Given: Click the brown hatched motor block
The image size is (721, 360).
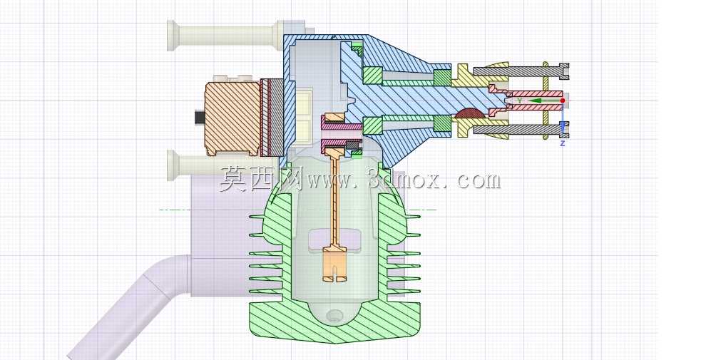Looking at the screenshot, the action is (x=232, y=118).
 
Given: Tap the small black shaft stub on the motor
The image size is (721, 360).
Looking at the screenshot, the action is (x=200, y=118).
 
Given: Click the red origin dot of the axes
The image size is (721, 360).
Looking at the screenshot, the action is (x=563, y=101).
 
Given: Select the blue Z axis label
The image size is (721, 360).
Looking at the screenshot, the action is (x=562, y=143).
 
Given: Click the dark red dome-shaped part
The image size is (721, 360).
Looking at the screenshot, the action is (x=470, y=113).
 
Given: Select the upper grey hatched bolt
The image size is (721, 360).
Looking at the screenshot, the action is (x=521, y=71).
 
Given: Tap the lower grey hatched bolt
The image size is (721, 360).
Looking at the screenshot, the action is (x=521, y=130).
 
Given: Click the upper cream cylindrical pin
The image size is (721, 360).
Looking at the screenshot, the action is (x=225, y=35).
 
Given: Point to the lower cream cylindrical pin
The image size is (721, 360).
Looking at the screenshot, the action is (x=225, y=165).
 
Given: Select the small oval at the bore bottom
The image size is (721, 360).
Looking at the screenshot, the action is (x=334, y=315).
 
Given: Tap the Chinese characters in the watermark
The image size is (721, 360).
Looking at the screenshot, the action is (x=260, y=178).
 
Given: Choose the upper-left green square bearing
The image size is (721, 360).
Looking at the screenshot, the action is (x=372, y=76).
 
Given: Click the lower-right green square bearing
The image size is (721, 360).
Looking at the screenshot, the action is (x=442, y=123).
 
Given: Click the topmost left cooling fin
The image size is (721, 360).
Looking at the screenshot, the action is (x=257, y=215).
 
